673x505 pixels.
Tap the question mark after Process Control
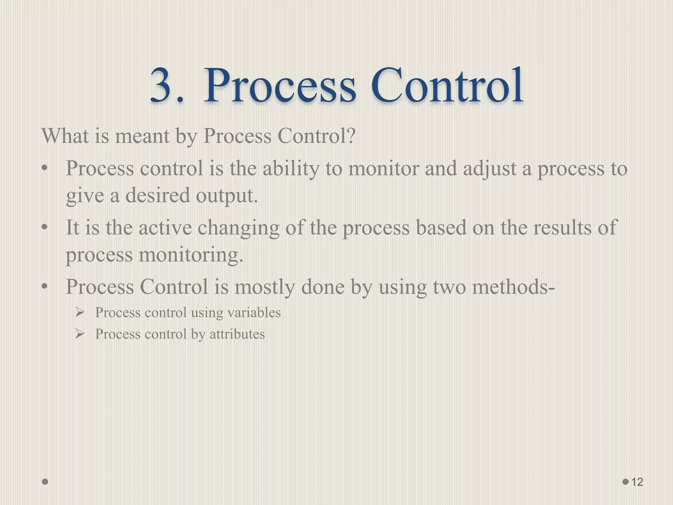click(350, 135)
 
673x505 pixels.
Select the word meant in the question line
click(142, 136)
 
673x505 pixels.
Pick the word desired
click(158, 195)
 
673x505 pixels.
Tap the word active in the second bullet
click(165, 228)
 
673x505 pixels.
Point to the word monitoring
click(191, 255)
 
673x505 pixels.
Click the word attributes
click(237, 334)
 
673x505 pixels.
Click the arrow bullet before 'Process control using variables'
click(80, 312)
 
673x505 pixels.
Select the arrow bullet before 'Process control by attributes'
click(80, 334)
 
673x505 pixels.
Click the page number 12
click(637, 482)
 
